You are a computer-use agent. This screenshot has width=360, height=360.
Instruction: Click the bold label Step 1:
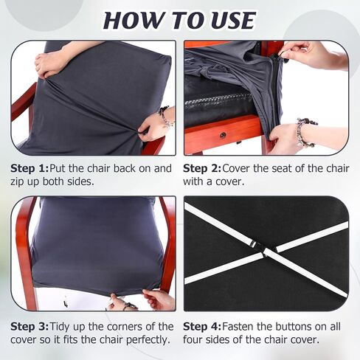(30, 169)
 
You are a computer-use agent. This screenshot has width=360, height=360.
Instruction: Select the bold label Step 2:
(202, 169)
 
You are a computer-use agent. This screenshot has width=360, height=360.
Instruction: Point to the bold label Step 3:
(30, 327)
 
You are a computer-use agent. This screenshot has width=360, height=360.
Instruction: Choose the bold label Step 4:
(202, 327)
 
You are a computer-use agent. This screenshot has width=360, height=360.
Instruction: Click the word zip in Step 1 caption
(17, 182)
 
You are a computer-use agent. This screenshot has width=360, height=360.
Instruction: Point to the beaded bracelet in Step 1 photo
(165, 117)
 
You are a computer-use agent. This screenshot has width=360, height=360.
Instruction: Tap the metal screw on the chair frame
(223, 135)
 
